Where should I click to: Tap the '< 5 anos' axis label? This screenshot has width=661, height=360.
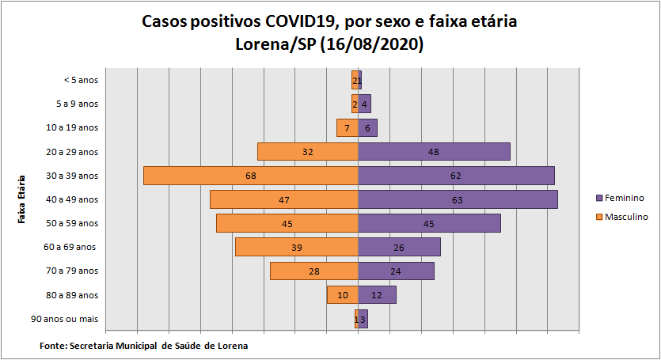[x=81, y=79]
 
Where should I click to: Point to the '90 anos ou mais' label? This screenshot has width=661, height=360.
[x=70, y=320]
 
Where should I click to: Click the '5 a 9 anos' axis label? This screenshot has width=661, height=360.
[x=77, y=104]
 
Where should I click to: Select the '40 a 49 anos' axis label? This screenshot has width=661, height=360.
[x=72, y=199]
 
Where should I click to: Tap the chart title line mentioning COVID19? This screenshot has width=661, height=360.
[x=329, y=21]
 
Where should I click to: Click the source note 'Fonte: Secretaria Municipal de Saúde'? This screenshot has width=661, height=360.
[x=143, y=346]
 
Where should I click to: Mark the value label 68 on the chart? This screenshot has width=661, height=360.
[x=251, y=176]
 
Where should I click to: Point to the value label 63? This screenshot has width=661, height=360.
[x=457, y=200]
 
